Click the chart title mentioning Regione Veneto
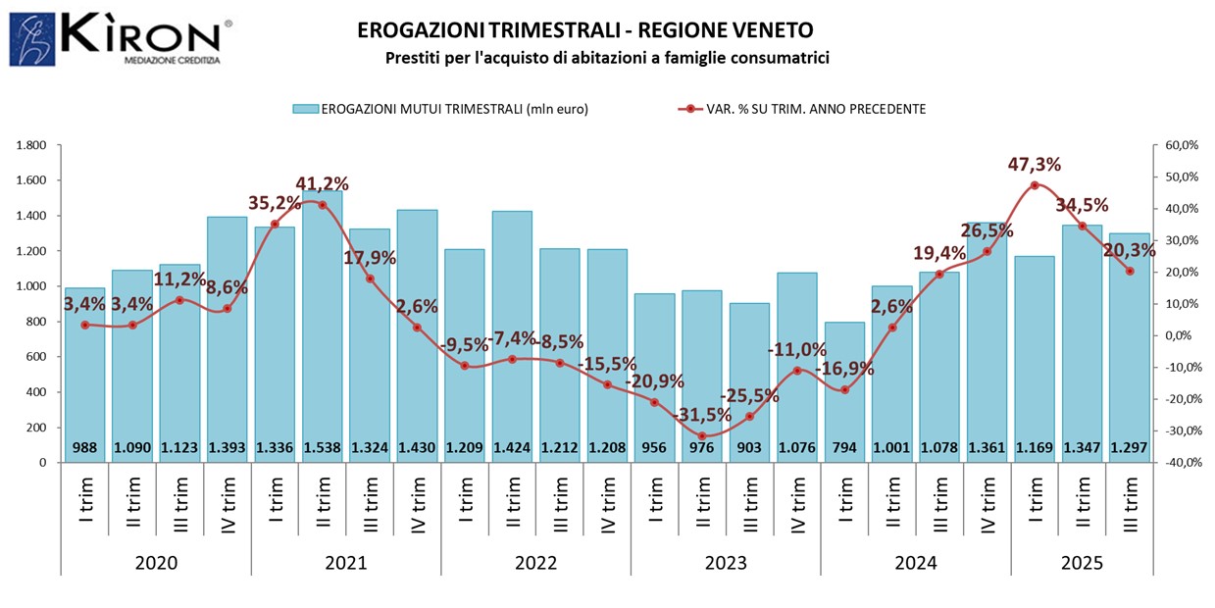tap(584, 30)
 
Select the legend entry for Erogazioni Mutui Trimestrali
tap(440, 109)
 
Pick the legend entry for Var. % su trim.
tap(801, 109)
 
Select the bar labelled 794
tap(844, 392)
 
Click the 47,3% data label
tap(1035, 164)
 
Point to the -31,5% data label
tap(700, 415)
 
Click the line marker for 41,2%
tap(323, 205)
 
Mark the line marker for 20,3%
tap(1130, 271)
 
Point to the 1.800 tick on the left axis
tap(31, 145)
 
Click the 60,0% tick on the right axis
tap(1181, 145)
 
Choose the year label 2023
tap(726, 564)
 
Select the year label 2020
tap(156, 564)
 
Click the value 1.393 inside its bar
tap(228, 448)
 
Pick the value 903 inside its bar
tap(749, 448)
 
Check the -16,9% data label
tap(846, 369)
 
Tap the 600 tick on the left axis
tap(37, 357)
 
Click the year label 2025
tap(1082, 564)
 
